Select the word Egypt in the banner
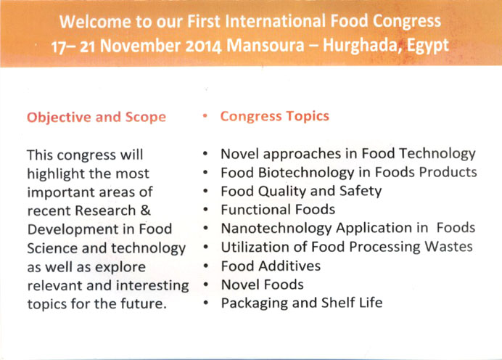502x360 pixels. click(x=428, y=46)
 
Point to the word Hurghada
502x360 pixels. click(x=362, y=45)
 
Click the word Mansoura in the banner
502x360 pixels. click(x=266, y=46)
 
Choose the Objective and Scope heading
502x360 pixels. click(x=96, y=118)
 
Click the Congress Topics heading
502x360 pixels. click(x=275, y=116)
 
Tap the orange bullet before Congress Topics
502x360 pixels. click(x=205, y=116)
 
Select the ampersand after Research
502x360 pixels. click(x=145, y=210)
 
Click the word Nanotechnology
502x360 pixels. click(x=276, y=229)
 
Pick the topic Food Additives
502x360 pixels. click(x=271, y=266)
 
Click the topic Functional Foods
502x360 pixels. click(x=278, y=210)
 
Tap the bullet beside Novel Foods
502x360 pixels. click(x=205, y=284)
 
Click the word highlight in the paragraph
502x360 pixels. click(x=56, y=174)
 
